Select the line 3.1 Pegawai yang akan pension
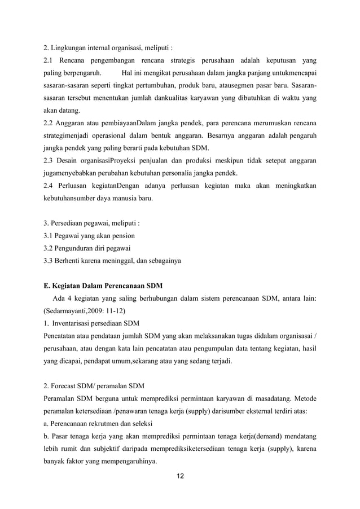click(89, 235)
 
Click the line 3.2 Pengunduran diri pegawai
click(87, 248)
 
